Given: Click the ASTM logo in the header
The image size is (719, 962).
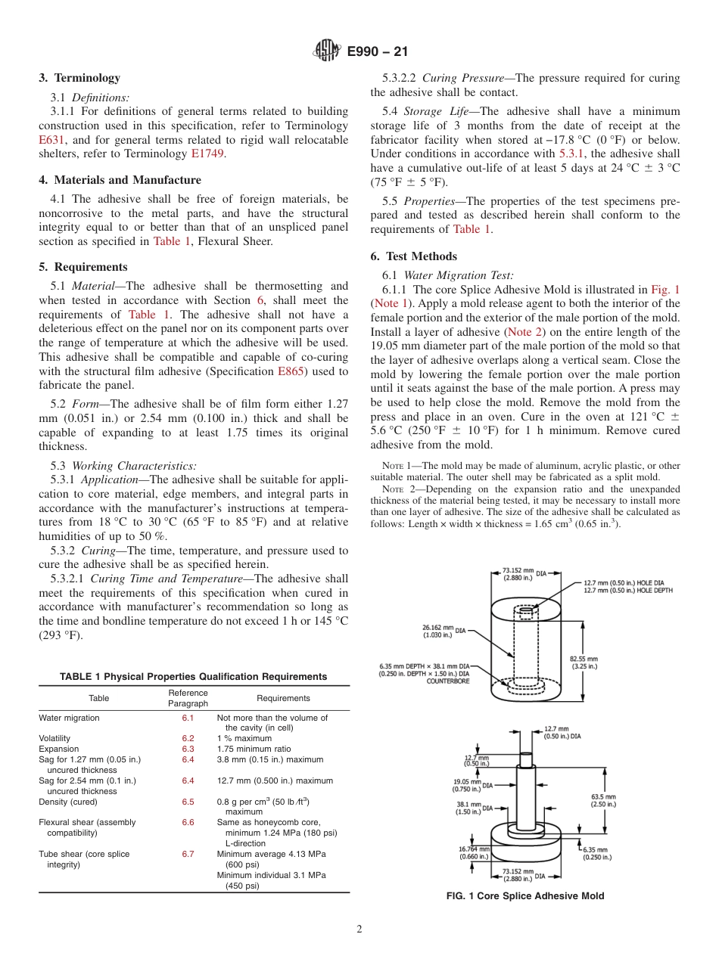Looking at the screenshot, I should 327,51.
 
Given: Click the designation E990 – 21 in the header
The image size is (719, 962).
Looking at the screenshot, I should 378,52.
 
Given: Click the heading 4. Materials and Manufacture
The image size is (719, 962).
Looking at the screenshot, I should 120,180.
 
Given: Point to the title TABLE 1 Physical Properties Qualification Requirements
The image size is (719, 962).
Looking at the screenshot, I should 194,677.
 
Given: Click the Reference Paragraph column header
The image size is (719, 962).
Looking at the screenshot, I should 188,698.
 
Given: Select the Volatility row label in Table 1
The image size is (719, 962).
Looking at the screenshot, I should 54,738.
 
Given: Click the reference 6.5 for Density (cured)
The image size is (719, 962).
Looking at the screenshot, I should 188,802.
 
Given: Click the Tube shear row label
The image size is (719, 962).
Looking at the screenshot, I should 84,854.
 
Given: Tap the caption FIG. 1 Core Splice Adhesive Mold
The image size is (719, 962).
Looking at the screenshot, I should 525,896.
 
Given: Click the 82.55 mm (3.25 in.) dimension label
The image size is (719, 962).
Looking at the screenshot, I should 583,663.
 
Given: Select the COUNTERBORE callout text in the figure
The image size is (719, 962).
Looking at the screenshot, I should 447,681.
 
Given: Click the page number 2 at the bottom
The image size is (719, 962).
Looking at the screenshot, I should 359,929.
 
